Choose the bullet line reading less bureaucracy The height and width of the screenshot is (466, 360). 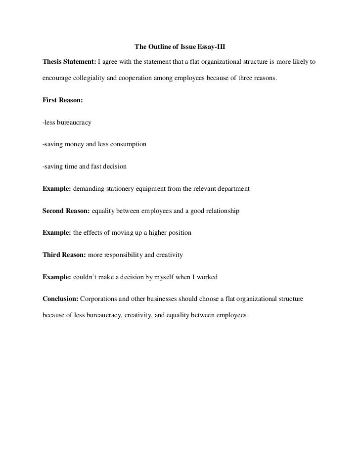(x=67, y=122)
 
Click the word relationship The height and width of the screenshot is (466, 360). (x=221, y=211)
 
